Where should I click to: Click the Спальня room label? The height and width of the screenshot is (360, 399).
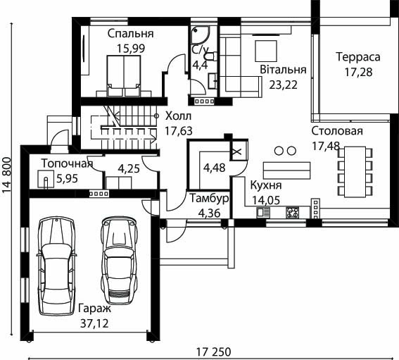coord(131,34)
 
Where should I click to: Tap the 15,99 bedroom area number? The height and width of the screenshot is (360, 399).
coord(131,49)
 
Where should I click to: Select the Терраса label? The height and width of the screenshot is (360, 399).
coord(358,57)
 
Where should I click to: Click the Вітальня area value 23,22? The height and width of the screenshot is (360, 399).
coord(283,85)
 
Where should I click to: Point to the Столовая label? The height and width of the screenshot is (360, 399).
coord(337,131)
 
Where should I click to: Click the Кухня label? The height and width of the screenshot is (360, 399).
coord(266,185)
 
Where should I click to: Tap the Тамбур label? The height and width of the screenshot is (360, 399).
coord(209,199)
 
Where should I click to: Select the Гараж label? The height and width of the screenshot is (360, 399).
coord(95,309)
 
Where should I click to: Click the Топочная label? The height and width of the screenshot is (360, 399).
coord(67,163)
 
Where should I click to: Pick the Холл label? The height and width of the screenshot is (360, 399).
coord(178,116)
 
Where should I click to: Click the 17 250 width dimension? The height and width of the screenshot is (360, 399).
coord(214,352)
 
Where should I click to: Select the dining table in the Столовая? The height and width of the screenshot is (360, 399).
coord(355,172)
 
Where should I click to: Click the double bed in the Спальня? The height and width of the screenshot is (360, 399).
coord(124,76)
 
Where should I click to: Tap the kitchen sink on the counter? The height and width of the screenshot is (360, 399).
coord(263,213)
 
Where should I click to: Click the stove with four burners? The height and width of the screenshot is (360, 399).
coord(293,213)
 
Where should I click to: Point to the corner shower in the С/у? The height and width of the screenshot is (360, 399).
coord(201,35)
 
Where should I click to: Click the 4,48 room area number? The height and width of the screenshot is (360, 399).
coord(214,168)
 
